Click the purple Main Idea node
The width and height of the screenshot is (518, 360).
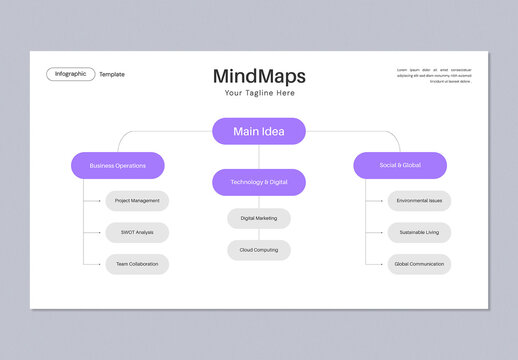pyautogui.click(x=259, y=131)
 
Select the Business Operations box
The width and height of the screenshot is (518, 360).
pyautogui.click(x=117, y=165)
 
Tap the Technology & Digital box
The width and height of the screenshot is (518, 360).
pyautogui.click(x=259, y=182)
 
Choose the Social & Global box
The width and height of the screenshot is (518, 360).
pyautogui.click(x=400, y=165)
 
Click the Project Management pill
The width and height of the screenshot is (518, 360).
pyautogui.click(x=137, y=200)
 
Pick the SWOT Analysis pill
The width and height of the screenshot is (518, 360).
pyautogui.click(x=137, y=232)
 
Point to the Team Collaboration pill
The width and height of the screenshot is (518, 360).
pyautogui.click(x=137, y=264)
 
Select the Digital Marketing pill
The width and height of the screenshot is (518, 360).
pyautogui.click(x=259, y=218)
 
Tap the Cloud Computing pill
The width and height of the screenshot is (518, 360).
pyautogui.click(x=259, y=250)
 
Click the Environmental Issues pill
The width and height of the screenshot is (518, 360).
pyautogui.click(x=419, y=200)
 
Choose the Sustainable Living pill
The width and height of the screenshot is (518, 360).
pyautogui.click(x=419, y=232)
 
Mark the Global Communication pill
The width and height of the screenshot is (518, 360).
pyautogui.click(x=419, y=264)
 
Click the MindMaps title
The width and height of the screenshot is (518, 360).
pyautogui.click(x=259, y=76)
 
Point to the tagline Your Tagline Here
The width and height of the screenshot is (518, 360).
pyautogui.click(x=259, y=93)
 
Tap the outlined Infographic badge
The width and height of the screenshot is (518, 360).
pyautogui.click(x=70, y=74)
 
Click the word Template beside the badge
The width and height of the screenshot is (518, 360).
pyautogui.click(x=112, y=74)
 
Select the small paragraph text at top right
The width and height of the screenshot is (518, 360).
pyautogui.click(x=434, y=75)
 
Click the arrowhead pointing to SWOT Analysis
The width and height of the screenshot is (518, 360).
pyautogui.click(x=103, y=232)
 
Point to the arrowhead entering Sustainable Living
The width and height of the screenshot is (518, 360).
pyautogui.click(x=385, y=232)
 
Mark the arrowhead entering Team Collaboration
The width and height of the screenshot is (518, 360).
pyautogui.click(x=103, y=264)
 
